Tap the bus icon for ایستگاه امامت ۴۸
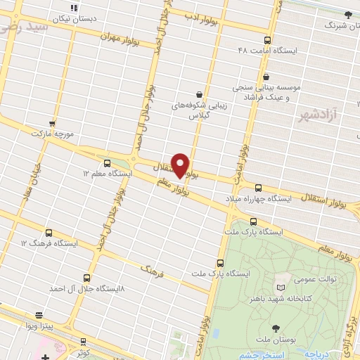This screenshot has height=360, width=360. click(267, 40)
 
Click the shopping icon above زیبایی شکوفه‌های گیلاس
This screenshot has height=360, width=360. click(200, 94)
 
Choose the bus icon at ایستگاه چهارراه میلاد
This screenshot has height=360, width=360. click(258, 188)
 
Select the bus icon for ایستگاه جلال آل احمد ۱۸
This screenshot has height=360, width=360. click(86, 278)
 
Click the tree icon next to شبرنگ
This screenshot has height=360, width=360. click(347, 14)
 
